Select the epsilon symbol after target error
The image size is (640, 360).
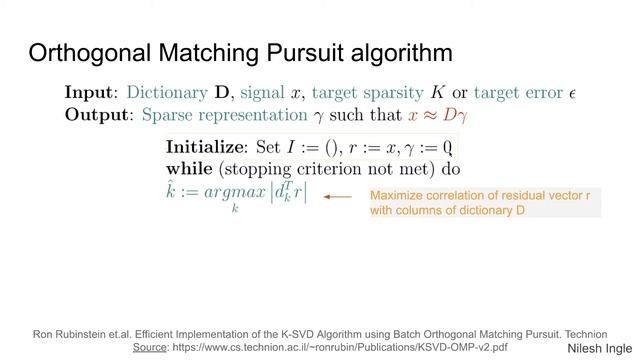[x=573, y=93]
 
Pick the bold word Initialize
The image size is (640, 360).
[x=205, y=147]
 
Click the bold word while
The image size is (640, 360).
[x=190, y=169]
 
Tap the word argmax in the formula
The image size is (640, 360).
[x=233, y=192]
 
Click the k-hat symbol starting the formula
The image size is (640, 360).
[x=171, y=190]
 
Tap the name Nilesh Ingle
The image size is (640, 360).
[x=597, y=347]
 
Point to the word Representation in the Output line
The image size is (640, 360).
[x=226, y=115]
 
